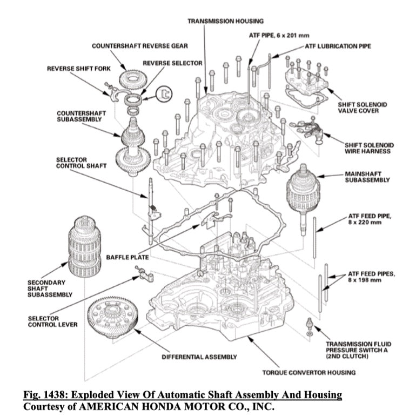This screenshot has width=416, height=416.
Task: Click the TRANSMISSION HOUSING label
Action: (225, 21)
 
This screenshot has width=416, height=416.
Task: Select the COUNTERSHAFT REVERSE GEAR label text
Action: (139, 46)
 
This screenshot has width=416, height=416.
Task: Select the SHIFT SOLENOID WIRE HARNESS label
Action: (369, 148)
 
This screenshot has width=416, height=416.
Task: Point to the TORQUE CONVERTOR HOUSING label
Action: (308, 372)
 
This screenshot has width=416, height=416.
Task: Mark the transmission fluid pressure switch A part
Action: (308, 325)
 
